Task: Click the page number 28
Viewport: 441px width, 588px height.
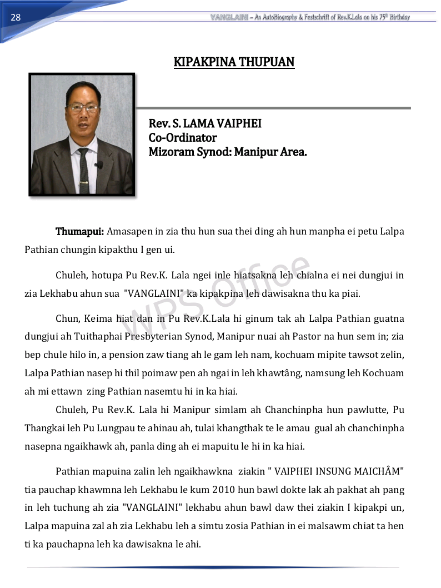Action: pyautogui.click(x=16, y=17)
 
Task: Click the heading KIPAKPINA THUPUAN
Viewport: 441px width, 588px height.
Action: pyautogui.click(x=234, y=62)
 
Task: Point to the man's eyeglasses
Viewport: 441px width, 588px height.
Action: pyautogui.click(x=82, y=108)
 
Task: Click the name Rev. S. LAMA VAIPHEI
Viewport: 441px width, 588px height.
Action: pyautogui.click(x=205, y=124)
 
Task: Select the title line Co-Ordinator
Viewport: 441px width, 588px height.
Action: pyautogui.click(x=183, y=138)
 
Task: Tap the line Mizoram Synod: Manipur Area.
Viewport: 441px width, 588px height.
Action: pyautogui.click(x=228, y=152)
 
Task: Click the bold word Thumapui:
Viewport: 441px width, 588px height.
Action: pyautogui.click(x=79, y=231)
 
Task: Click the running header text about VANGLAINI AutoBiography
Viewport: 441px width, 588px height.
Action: pyautogui.click(x=310, y=17)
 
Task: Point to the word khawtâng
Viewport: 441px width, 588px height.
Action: pyautogui.click(x=281, y=372)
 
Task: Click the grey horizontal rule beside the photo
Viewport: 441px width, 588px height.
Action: pyautogui.click(x=273, y=108)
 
